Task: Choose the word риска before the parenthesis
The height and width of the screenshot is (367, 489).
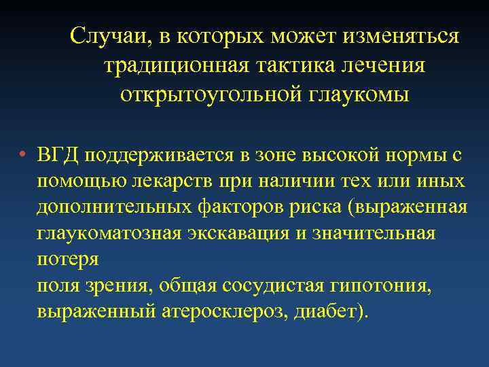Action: pyautogui.click(x=285, y=207)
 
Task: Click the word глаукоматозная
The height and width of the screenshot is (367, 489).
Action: pyautogui.click(x=109, y=234)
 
